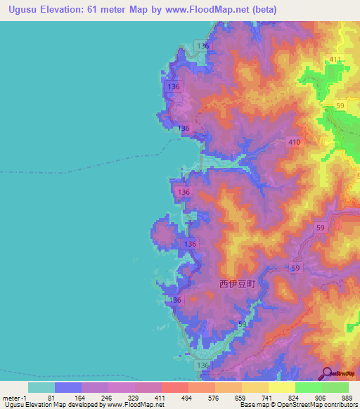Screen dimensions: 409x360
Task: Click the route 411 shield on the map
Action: [x=335, y=60]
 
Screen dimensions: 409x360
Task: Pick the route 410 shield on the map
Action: [x=294, y=142]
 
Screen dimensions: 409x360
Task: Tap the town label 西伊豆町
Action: [x=233, y=284]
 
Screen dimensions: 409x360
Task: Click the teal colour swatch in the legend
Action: [x=41, y=387]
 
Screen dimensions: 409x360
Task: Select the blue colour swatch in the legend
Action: [x=67, y=387]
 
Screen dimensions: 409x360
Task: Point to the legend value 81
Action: [x=51, y=398]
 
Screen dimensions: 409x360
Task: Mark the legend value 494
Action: [x=186, y=398]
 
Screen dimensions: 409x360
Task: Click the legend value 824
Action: [x=293, y=398]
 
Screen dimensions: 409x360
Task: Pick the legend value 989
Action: [x=347, y=398]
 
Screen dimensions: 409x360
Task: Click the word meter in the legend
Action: [x=13, y=398]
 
